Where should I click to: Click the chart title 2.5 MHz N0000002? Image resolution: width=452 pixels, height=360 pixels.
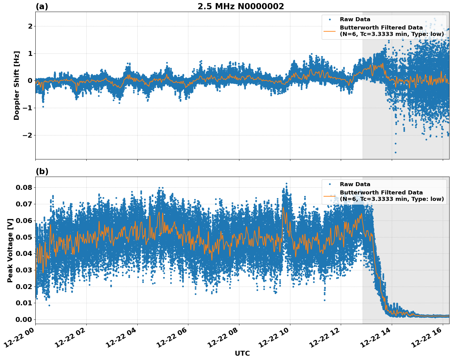(x=241, y=6)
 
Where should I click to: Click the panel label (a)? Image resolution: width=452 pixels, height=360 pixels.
(x=42, y=6)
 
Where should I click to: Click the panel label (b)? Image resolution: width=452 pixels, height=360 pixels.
(x=42, y=171)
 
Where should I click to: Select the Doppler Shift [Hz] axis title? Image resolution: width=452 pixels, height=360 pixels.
(x=17, y=85)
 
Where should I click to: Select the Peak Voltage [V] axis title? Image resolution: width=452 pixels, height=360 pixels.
(x=10, y=250)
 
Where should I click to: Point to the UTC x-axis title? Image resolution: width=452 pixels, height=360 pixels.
(x=242, y=353)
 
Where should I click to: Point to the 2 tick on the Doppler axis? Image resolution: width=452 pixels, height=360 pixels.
(x=30, y=26)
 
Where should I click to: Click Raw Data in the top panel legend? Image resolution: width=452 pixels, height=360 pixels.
(x=355, y=19)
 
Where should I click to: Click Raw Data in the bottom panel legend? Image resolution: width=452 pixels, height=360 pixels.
(x=355, y=184)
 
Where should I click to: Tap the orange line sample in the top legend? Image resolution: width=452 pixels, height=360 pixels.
(x=329, y=31)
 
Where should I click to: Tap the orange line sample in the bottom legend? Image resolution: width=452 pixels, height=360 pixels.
(x=329, y=196)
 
